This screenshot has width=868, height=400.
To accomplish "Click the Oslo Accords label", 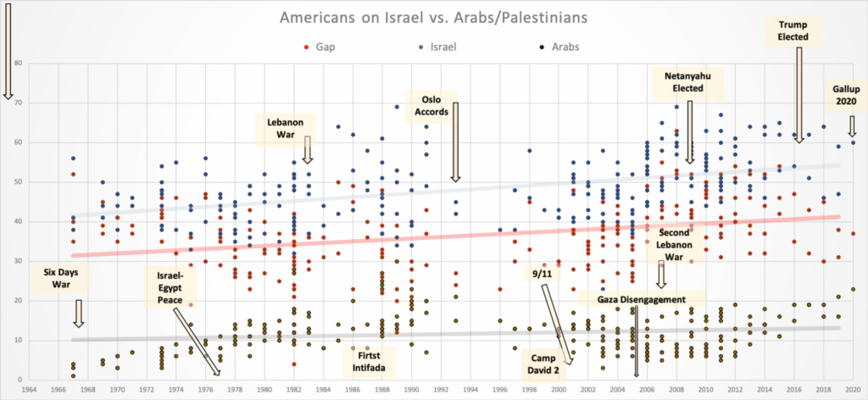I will (x=427, y=105).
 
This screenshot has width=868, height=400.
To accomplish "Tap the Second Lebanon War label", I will (x=672, y=241).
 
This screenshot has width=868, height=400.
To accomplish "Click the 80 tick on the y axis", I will (x=17, y=63).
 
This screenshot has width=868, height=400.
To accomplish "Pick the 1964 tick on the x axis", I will (x=30, y=390).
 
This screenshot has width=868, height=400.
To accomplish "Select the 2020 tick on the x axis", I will (x=853, y=390).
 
